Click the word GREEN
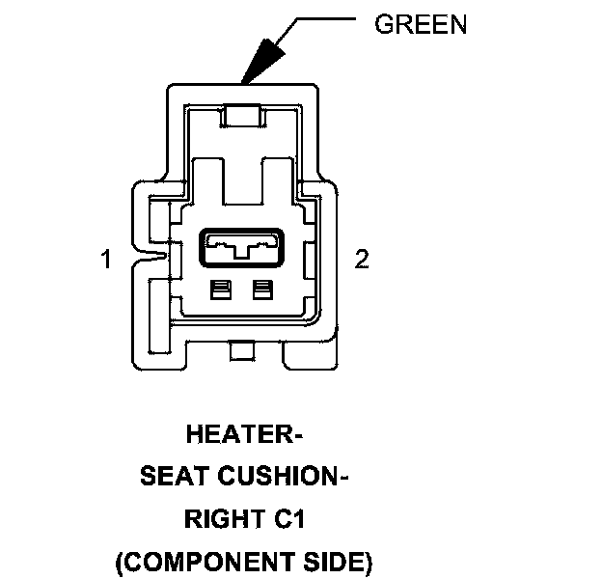click(420, 24)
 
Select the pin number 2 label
click(362, 260)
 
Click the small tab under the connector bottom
click(241, 351)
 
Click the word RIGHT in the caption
click(221, 518)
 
